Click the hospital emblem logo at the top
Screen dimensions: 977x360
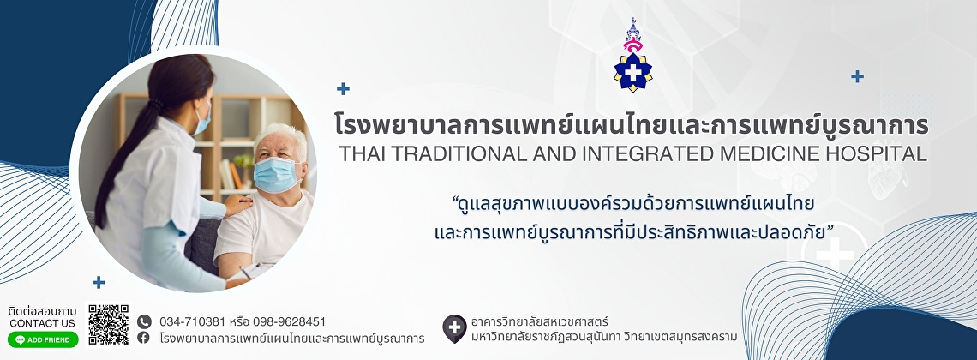pos(633,56)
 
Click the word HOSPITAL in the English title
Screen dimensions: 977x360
pos(881,153)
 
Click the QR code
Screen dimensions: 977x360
pos(109,325)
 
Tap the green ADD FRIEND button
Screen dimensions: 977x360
pos(43,339)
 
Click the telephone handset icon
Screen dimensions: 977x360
pos(144,321)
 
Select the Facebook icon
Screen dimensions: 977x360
pos(144,338)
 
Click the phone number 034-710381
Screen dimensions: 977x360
pos(193,322)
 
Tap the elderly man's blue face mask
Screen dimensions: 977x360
pos(276,174)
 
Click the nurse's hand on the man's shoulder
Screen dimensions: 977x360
pos(237,204)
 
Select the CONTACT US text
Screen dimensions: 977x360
pos(42,323)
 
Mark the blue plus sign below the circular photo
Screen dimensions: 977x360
pos(99,282)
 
